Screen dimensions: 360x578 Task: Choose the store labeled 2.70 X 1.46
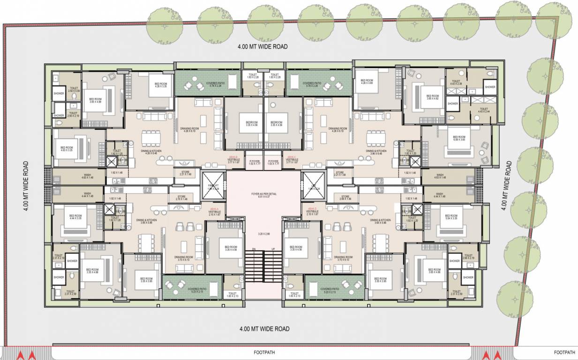coord(181,198)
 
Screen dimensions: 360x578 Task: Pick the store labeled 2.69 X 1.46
coord(345,198)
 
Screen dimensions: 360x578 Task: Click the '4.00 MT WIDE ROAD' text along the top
coord(262,46)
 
